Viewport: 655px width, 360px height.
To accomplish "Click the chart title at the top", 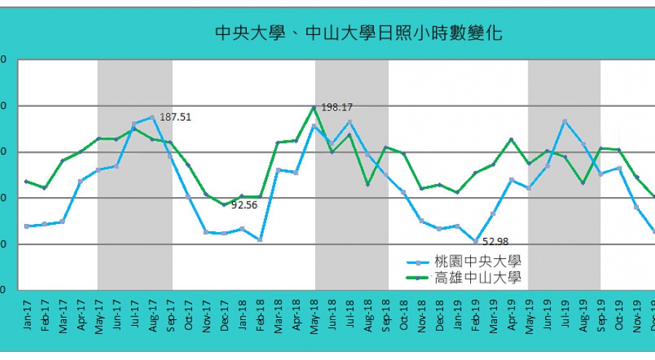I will click(x=358, y=33).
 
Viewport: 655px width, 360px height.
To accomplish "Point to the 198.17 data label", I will click(x=336, y=108).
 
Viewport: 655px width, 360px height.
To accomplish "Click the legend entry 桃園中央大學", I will click(x=477, y=261).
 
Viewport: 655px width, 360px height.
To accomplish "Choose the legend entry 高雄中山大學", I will click(x=477, y=277).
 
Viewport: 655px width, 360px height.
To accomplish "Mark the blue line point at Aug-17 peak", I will click(x=152, y=116).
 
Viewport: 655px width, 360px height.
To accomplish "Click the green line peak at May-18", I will click(x=314, y=108).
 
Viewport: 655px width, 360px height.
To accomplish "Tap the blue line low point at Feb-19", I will click(x=475, y=241).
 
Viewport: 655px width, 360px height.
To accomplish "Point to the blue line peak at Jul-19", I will click(x=565, y=121).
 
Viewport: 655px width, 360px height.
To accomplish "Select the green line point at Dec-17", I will click(x=224, y=204).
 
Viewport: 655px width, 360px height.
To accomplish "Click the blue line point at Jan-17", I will click(x=27, y=226).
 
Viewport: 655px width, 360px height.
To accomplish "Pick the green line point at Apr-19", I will click(x=511, y=139).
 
